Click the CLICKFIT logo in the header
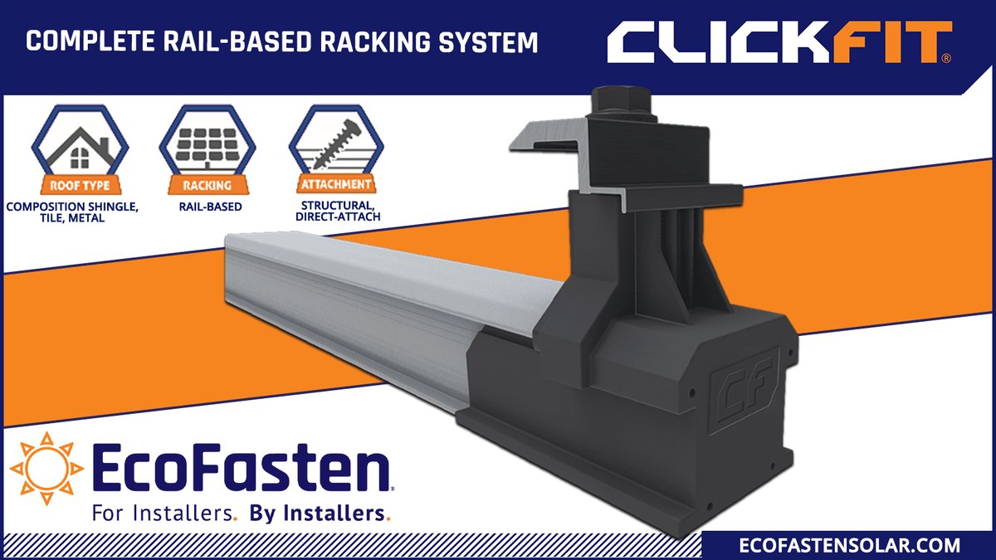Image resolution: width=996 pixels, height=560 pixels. (x=779, y=41)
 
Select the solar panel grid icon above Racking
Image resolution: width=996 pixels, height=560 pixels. (x=207, y=141)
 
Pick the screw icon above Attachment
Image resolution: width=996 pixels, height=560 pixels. (x=337, y=141)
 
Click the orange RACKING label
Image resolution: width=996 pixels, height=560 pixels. (x=207, y=185)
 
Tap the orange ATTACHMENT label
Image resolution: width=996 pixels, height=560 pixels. (x=338, y=185)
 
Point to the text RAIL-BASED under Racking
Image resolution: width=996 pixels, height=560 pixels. (x=207, y=207)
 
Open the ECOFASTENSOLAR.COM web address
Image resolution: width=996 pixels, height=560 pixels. (x=849, y=545)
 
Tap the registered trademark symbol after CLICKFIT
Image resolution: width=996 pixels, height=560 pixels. (x=946, y=59)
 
